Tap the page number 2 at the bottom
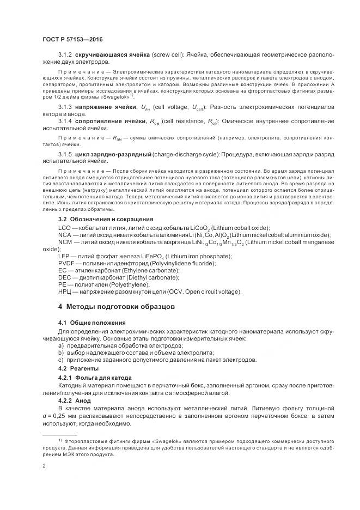pos(44,466)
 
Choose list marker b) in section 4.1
pos(60,353)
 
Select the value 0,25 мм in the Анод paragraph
pos(76,416)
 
